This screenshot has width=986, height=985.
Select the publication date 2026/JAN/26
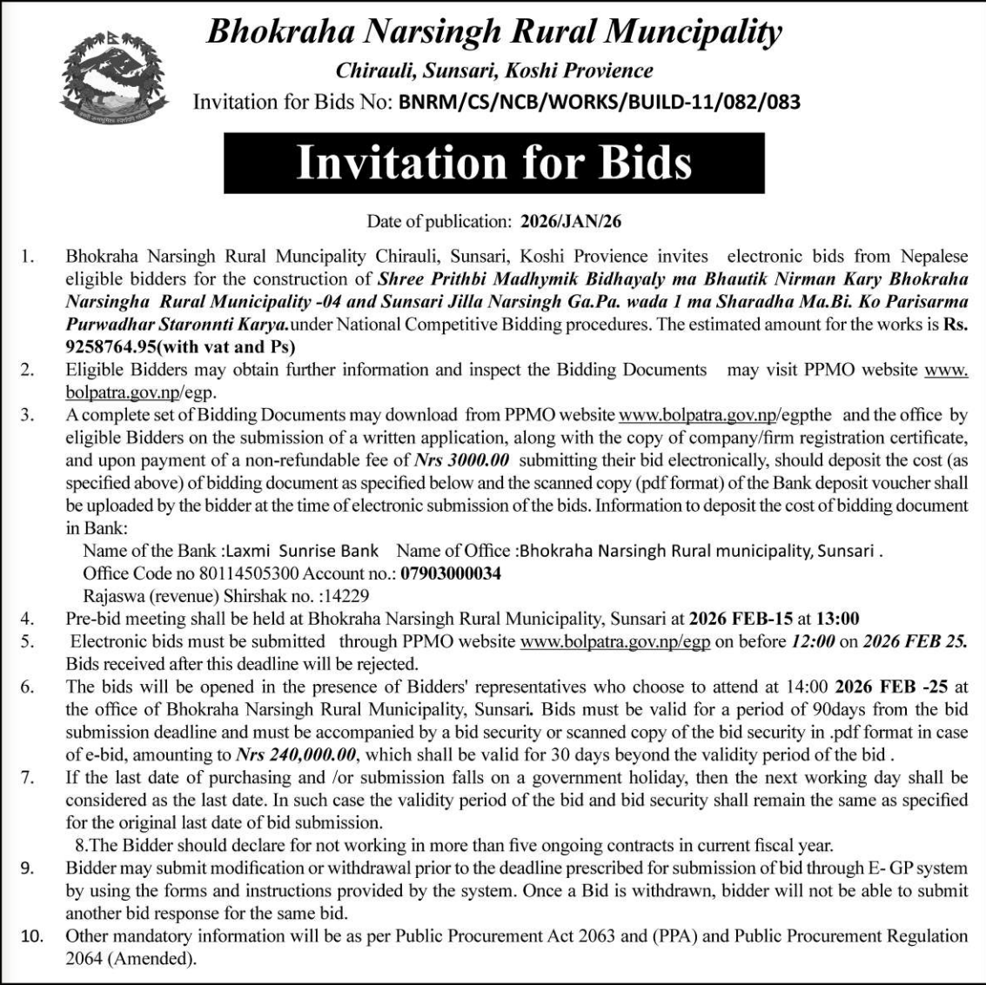(571, 222)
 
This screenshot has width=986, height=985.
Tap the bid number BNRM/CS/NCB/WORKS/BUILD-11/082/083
(599, 103)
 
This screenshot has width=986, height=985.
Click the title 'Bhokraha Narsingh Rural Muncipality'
(493, 33)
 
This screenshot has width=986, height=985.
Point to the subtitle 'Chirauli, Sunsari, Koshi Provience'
(494, 70)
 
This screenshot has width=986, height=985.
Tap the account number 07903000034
(451, 574)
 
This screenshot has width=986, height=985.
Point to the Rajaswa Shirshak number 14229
(346, 597)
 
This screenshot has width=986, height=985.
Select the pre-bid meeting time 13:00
(837, 620)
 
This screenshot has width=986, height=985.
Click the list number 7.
(28, 777)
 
